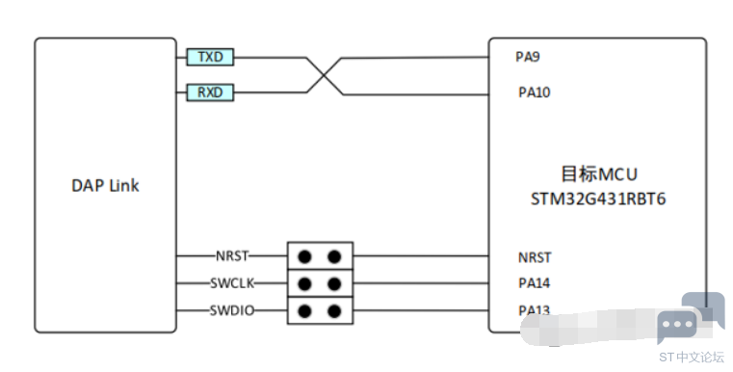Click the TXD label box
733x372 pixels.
(210, 57)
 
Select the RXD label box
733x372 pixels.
(210, 93)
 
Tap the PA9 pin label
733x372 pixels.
(528, 57)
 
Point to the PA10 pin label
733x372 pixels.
(535, 93)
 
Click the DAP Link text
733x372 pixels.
(105, 185)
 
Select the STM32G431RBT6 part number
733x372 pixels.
(598, 199)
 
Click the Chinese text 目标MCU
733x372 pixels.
(599, 174)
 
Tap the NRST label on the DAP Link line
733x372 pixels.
(232, 256)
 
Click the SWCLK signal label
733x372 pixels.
(232, 283)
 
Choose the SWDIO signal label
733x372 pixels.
(232, 310)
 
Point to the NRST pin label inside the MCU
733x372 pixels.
(535, 257)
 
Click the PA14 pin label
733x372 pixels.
(535, 283)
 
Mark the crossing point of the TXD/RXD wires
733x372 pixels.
(324, 75)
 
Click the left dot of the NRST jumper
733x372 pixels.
(304, 256)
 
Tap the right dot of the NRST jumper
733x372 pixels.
(334, 256)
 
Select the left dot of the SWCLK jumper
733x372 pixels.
(304, 283)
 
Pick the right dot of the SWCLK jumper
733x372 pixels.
(334, 283)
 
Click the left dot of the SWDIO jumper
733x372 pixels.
(304, 311)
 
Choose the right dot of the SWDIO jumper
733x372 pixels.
(334, 311)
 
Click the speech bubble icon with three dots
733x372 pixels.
(678, 324)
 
